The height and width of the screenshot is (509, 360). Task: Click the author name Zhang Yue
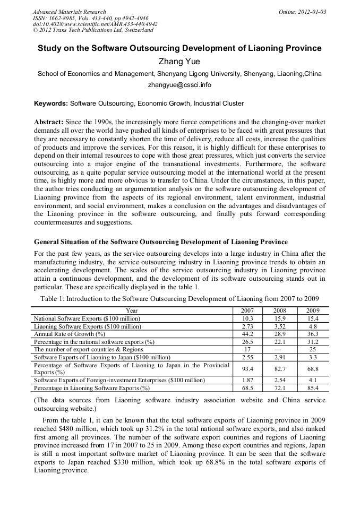pos(179,61)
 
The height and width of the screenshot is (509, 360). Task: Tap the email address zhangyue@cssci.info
pos(179,84)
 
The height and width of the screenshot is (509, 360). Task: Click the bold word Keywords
pos(50,103)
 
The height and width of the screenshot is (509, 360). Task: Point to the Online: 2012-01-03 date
pos(302,12)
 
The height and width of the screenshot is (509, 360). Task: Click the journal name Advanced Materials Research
pos(69,12)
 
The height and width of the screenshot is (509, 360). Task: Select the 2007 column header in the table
pos(247,310)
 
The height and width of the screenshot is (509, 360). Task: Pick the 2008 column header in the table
pos(279,310)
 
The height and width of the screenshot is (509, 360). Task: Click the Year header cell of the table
pos(132,310)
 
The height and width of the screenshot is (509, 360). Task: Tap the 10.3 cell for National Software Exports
pos(247,318)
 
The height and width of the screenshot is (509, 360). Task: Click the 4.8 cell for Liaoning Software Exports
pos(313,326)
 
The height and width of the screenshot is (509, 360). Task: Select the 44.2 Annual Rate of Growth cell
pos(247,334)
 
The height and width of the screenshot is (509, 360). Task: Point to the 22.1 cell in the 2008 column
pos(279,342)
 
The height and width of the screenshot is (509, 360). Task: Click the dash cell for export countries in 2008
pos(279,350)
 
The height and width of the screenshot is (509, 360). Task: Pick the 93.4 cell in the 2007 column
pos(247,368)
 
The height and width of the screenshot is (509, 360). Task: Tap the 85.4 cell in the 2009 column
pos(313,388)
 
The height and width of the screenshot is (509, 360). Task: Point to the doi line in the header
pos(95,24)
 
